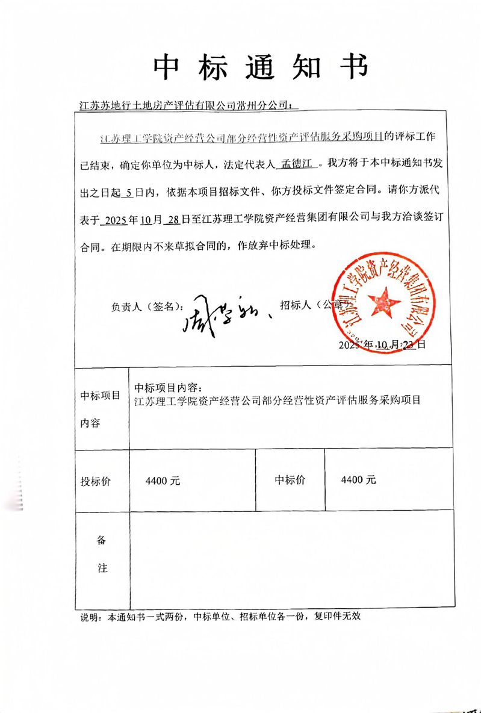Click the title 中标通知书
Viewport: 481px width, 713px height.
(x=260, y=67)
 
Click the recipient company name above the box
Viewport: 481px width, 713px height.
(x=185, y=104)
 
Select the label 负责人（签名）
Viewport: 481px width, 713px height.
(x=146, y=306)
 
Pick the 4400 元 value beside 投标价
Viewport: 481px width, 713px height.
(x=163, y=481)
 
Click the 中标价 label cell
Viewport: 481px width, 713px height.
(x=290, y=480)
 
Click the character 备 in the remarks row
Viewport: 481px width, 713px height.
(x=102, y=540)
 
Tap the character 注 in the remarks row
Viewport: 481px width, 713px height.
(x=102, y=568)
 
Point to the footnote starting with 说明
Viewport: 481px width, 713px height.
(x=220, y=617)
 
